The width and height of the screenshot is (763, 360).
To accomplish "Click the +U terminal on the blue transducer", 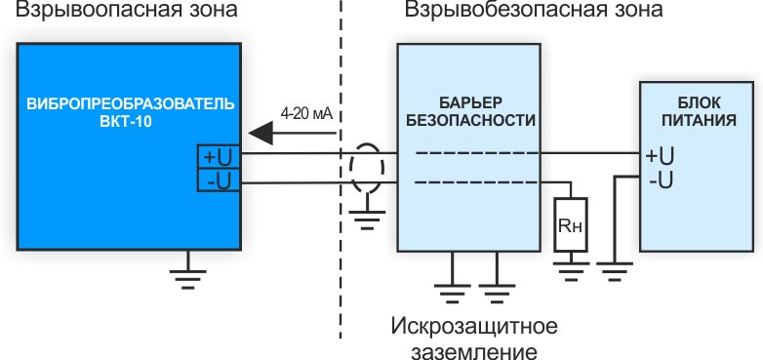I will click(218, 155).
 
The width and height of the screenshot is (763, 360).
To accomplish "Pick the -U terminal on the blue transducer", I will click(218, 180).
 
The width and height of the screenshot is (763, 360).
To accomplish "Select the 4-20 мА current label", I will click(306, 113).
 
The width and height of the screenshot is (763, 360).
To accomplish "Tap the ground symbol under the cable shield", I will click(367, 216).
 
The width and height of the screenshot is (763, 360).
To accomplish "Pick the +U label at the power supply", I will click(660, 155).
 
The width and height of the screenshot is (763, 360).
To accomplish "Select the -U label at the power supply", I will click(661, 180).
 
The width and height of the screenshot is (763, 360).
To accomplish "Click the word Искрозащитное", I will click(474, 325).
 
